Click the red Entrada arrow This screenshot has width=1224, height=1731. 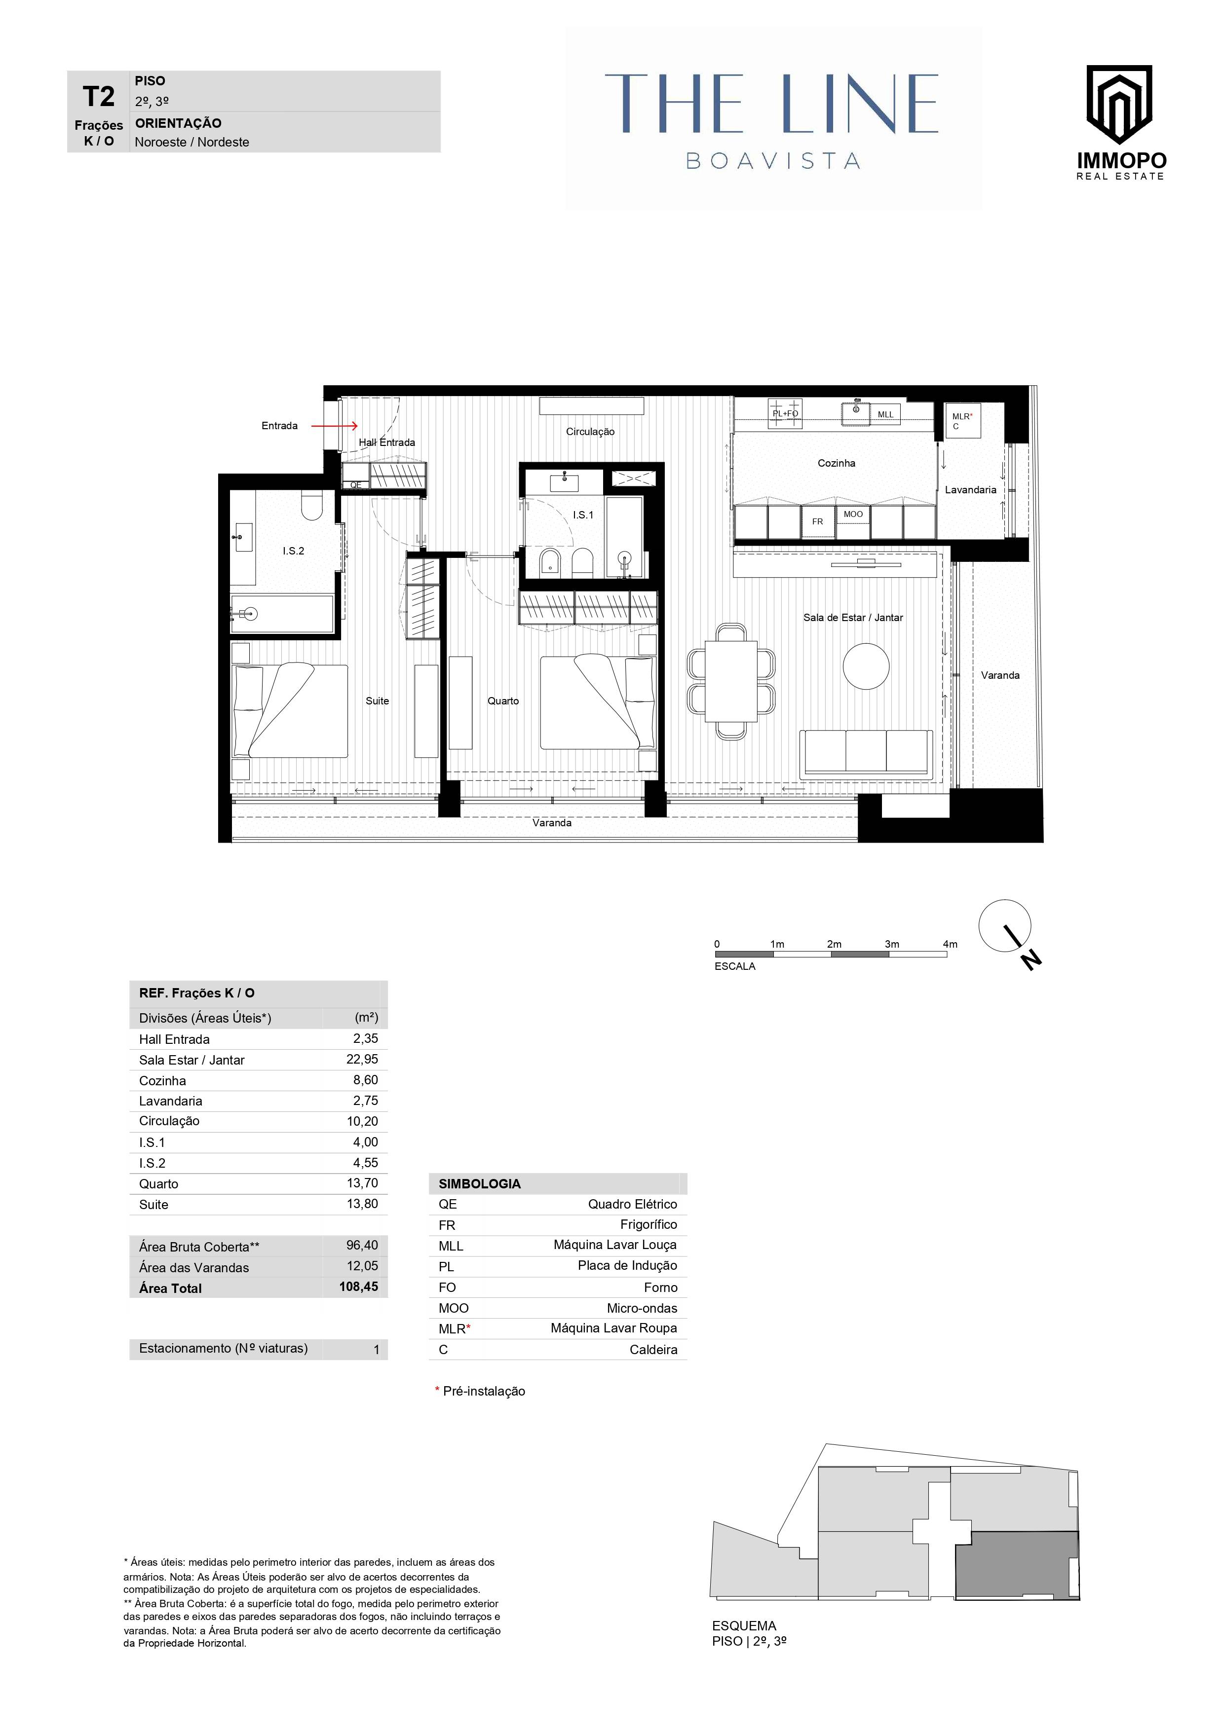tap(335, 426)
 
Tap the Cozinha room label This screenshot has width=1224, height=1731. tap(837, 463)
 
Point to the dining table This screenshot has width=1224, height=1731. tap(731, 681)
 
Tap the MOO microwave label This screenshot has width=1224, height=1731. tap(853, 514)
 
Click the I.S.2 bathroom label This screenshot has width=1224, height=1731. tap(293, 551)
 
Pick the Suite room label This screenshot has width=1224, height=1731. tap(377, 701)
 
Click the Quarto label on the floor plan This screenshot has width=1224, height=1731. tap(503, 701)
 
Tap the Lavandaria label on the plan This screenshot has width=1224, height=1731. tap(971, 490)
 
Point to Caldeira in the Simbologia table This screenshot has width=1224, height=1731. tap(653, 1350)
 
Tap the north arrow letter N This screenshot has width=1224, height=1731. tap(1031, 960)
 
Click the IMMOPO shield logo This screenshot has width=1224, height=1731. tap(1119, 104)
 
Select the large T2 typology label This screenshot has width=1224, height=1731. tap(99, 97)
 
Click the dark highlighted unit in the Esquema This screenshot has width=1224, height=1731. tap(1017, 1565)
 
